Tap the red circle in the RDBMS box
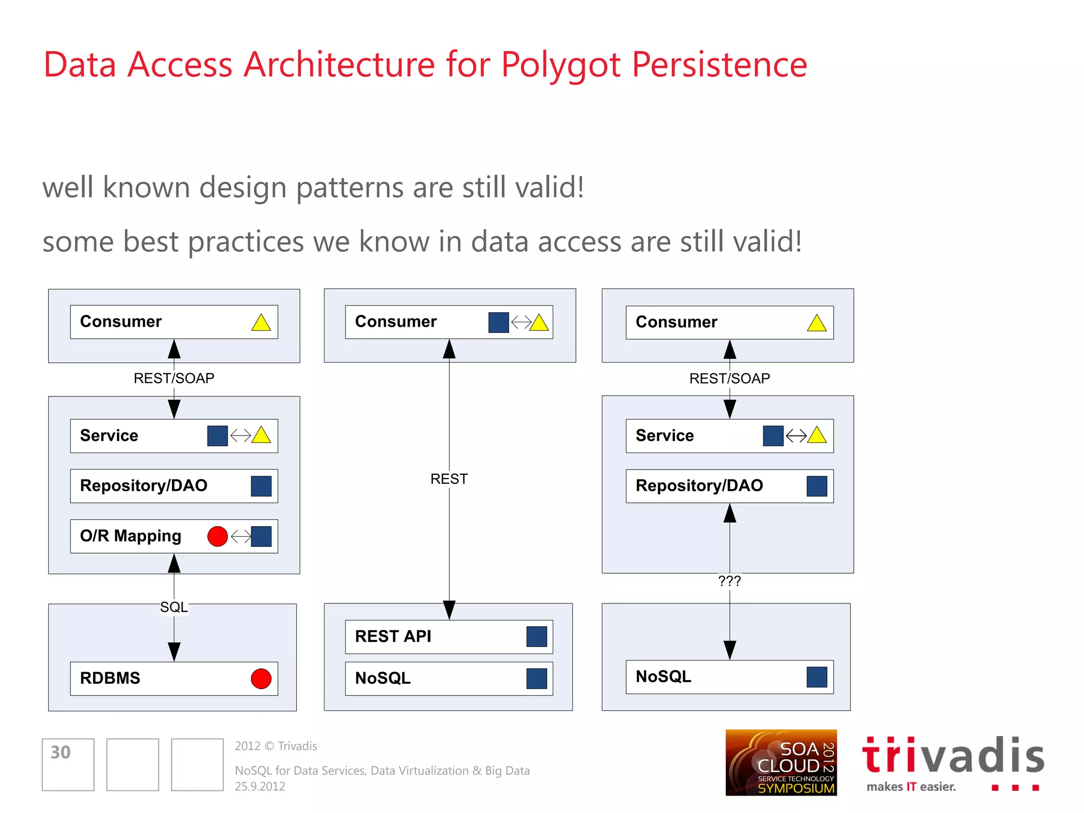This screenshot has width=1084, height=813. tap(261, 679)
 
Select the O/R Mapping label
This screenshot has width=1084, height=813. tap(130, 536)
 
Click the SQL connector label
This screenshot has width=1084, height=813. tap(174, 607)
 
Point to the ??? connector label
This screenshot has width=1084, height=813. tap(729, 581)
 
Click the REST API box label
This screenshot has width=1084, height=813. tap(393, 636)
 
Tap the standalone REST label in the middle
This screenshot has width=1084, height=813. tap(449, 479)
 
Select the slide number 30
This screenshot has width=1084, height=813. tap(60, 752)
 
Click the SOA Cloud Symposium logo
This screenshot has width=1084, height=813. tap(781, 762)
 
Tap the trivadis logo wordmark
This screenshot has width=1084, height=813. tap(953, 756)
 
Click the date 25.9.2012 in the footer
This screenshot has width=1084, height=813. tap(260, 787)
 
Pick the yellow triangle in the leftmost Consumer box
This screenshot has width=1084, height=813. tap(261, 323)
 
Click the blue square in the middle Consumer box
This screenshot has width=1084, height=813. tap(498, 322)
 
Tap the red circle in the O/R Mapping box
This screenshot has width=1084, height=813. tap(218, 536)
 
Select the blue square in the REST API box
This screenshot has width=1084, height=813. tap(536, 637)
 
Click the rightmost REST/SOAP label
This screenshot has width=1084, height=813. tap(729, 378)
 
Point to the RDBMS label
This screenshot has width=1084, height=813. tap(110, 678)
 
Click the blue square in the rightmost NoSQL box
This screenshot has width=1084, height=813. tap(817, 677)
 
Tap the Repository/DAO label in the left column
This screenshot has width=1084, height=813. tap(143, 485)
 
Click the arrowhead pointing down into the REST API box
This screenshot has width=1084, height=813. tap(449, 610)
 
